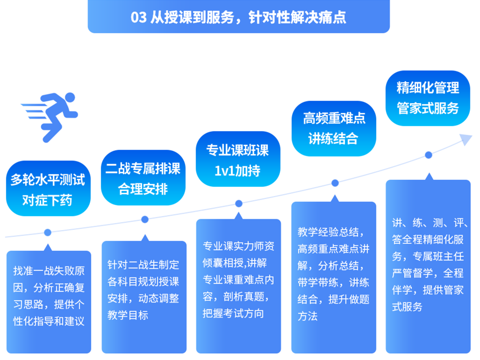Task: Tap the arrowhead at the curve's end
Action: pyautogui.click(x=466, y=140)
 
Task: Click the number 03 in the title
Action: pyautogui.click(x=139, y=17)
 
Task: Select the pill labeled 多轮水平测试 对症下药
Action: pyautogui.click(x=48, y=189)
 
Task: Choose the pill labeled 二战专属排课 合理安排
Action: pyautogui.click(x=143, y=178)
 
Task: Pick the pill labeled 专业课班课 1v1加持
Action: pyautogui.click(x=238, y=159)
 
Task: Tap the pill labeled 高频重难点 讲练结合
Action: pyautogui.click(x=334, y=129)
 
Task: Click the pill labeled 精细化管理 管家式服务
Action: pyautogui.click(x=428, y=98)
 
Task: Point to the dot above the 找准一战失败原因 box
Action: pyautogui.click(x=48, y=233)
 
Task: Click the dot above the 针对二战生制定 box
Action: pyautogui.click(x=145, y=219)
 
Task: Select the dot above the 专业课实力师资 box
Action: pyautogui.click(x=239, y=204)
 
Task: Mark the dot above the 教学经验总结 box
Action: pyautogui.click(x=335, y=183)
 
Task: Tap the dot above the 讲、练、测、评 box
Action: pyautogui.click(x=429, y=155)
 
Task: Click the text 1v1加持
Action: pyautogui.click(x=237, y=171)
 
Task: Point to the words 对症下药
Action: pyautogui.click(x=47, y=200)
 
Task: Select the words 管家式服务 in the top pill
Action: pyautogui.click(x=428, y=108)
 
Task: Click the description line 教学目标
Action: pyautogui.click(x=128, y=315)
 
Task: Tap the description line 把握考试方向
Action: pyautogui.click(x=233, y=313)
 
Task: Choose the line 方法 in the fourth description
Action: pyautogui.click(x=308, y=316)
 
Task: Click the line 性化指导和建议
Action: pyautogui.click(x=49, y=321)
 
